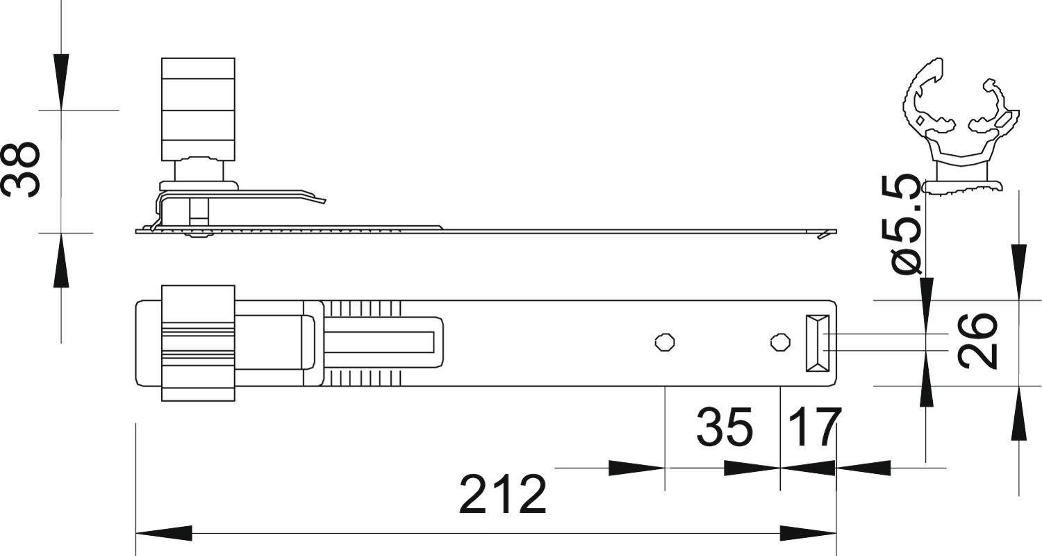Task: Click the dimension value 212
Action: click(x=503, y=494)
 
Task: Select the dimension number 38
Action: click(x=21, y=170)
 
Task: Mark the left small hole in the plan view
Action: click(x=665, y=342)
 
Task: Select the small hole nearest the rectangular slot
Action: click(x=780, y=342)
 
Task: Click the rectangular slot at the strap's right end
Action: click(x=818, y=343)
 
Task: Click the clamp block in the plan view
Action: click(x=198, y=343)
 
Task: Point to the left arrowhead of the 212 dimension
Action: click(x=164, y=534)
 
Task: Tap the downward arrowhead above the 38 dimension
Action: click(x=62, y=82)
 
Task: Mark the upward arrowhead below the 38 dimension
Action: click(x=62, y=260)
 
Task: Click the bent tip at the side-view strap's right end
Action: click(x=826, y=234)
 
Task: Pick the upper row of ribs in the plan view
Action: click(x=364, y=308)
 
